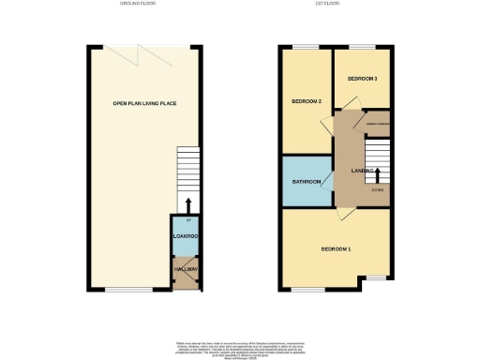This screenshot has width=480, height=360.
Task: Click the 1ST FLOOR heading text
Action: pyautogui.click(x=334, y=5)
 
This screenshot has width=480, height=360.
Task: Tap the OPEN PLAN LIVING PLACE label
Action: pyautogui.click(x=144, y=103)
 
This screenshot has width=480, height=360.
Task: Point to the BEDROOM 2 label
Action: pyautogui.click(x=307, y=100)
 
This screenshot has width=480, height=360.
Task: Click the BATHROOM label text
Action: pyautogui.click(x=307, y=181)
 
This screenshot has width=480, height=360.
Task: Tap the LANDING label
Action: pyautogui.click(x=363, y=170)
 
